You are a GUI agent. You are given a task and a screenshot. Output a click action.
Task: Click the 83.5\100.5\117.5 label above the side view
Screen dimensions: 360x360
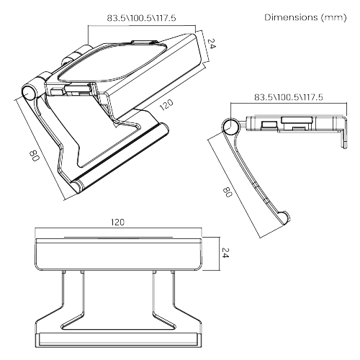pyautogui.click(x=288, y=96)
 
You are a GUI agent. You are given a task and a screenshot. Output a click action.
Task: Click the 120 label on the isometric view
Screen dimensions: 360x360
pyautogui.click(x=166, y=105)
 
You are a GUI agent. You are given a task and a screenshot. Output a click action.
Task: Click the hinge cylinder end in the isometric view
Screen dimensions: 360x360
pyautogui.click(x=30, y=92)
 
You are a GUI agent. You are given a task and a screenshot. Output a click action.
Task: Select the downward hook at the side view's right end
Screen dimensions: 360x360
pyautogui.click(x=341, y=137)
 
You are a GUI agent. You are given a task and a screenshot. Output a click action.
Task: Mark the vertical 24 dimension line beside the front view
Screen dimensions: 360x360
pyautogui.click(x=215, y=253)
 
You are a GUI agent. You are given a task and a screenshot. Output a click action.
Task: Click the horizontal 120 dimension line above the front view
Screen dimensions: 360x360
pyautogui.click(x=117, y=232)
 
